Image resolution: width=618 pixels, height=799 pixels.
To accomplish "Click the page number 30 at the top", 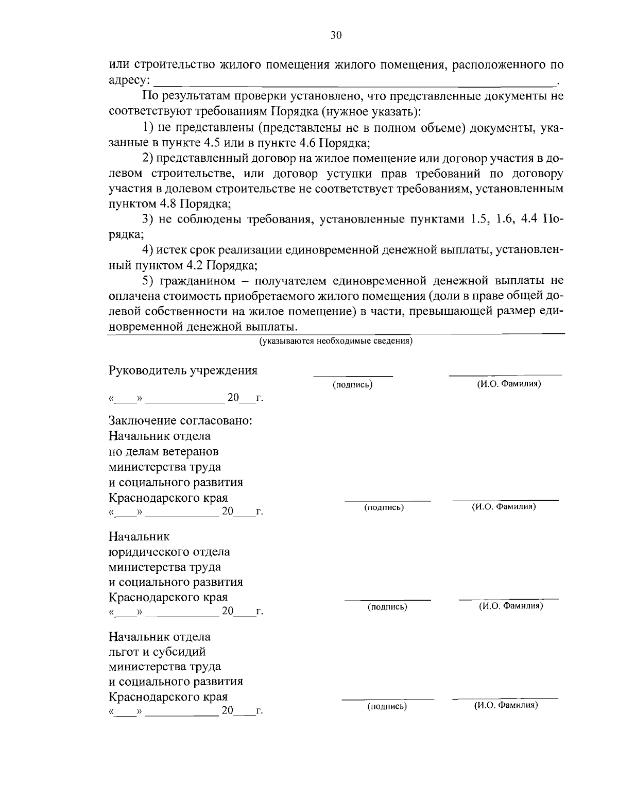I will (335, 36).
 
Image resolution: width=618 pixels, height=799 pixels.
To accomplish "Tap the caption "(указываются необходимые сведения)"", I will (335, 341).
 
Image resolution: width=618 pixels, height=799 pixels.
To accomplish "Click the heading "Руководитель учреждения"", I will (183, 371).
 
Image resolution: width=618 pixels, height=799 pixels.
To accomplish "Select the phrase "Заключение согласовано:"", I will (180, 420).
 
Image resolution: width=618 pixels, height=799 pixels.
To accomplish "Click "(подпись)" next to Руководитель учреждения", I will (353, 385).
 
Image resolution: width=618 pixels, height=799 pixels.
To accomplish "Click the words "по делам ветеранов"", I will (164, 452).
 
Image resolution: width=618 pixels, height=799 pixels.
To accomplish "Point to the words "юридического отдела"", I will (169, 552).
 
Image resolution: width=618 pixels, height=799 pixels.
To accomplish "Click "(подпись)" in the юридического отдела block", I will (387, 607).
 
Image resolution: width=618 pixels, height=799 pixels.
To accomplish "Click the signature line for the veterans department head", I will (387, 500).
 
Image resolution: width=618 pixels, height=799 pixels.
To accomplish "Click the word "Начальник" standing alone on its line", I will (139, 536).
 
